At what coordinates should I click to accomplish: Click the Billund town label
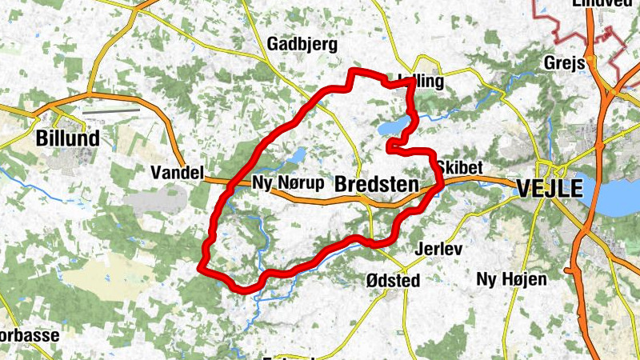(x=68, y=138)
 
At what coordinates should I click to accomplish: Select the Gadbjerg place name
(x=302, y=43)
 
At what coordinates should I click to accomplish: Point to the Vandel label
(x=178, y=172)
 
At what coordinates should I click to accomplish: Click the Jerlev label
(x=439, y=249)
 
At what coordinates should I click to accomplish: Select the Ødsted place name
(x=392, y=280)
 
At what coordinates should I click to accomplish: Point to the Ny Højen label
(x=511, y=279)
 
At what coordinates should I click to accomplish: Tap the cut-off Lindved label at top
(x=602, y=4)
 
